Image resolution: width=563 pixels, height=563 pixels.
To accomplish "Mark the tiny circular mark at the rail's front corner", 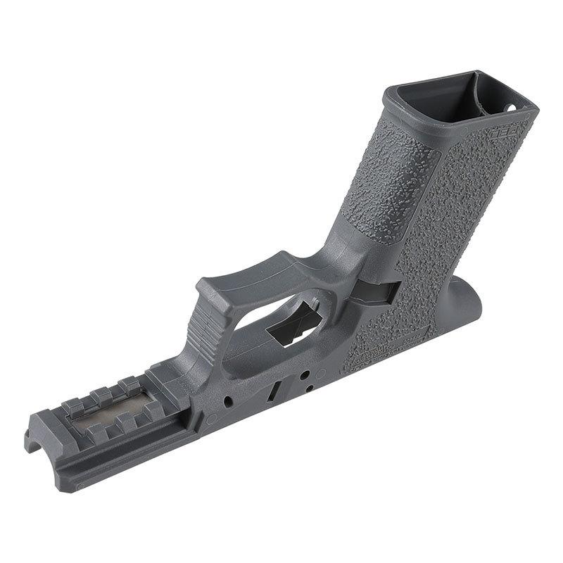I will (x=80, y=486).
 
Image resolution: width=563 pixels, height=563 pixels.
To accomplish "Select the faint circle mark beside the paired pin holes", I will (x=320, y=372).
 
